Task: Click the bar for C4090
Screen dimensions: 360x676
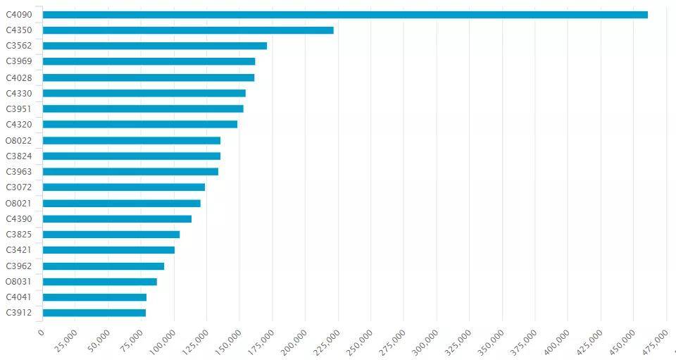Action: pos(345,14)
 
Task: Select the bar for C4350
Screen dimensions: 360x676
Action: pos(188,30)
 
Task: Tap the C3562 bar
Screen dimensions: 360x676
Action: pos(155,46)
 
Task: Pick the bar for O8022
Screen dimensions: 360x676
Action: pos(132,140)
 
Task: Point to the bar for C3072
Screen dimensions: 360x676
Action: pos(124,187)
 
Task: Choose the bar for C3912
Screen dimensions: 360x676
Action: pos(94,313)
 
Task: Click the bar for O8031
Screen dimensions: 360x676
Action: pos(100,282)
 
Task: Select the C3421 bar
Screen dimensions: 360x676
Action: pos(108,250)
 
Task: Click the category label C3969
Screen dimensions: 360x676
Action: pos(19,61)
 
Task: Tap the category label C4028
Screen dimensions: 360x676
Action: pos(19,77)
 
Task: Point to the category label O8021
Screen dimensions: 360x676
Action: pos(19,204)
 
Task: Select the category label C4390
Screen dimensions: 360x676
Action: pos(19,219)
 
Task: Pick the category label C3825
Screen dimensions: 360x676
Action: pos(19,235)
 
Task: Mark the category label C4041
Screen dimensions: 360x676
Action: pos(19,297)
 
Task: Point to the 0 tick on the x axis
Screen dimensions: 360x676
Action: pos(41,333)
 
